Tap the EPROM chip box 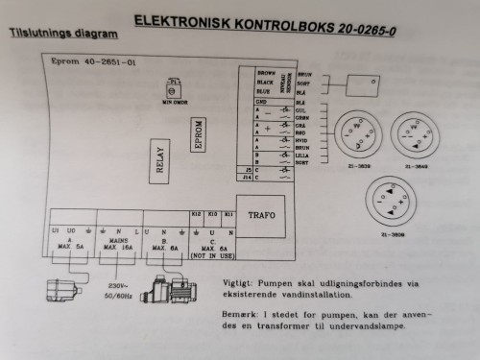pyautogui.click(x=197, y=136)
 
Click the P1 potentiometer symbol pyautogui.click(x=174, y=87)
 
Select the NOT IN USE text pyautogui.click(x=211, y=257)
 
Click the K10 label pyautogui.click(x=212, y=214)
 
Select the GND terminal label pyautogui.click(x=260, y=102)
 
